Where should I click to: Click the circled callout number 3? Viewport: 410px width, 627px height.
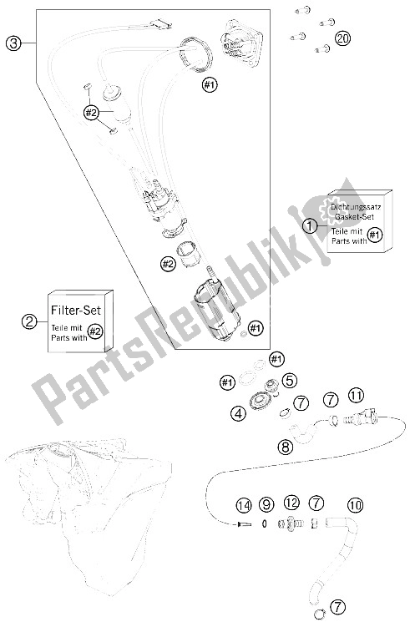coord(13,43)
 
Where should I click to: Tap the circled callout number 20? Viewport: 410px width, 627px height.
coord(342,38)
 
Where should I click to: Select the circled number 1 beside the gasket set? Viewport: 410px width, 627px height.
coord(310,226)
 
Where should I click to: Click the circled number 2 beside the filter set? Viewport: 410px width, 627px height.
coord(28,321)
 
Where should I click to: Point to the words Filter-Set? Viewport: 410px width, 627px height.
coord(76,310)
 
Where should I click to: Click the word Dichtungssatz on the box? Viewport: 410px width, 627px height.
coord(355,207)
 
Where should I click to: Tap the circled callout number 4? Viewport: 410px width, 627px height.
coord(238,413)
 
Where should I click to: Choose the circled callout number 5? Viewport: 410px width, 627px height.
coord(290,380)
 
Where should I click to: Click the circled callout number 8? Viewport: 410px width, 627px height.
coord(286,447)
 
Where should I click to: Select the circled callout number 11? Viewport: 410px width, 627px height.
coord(356,396)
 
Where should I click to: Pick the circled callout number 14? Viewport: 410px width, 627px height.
coord(244,505)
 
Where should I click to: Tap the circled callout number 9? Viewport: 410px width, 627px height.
coord(266,504)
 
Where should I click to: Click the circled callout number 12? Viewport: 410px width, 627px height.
coord(291,503)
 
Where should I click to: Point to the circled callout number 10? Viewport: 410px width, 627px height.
coord(355,505)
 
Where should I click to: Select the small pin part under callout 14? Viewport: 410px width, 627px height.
coord(244,523)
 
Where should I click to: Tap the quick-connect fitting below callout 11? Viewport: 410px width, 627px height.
coord(362,417)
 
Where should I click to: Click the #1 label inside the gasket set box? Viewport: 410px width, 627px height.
coord(374,235)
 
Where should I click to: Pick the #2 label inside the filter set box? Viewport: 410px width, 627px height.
coord(94,331)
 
